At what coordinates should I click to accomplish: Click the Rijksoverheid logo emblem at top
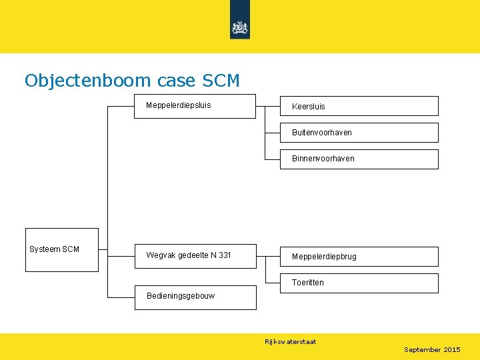click(239, 27)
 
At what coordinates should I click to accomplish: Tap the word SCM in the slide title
click(219, 81)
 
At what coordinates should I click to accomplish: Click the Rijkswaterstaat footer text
click(290, 342)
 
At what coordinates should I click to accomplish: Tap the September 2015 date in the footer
click(432, 350)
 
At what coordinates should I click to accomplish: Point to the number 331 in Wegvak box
click(225, 255)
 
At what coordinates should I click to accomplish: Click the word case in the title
click(176, 81)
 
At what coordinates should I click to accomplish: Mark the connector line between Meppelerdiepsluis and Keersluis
click(267, 106)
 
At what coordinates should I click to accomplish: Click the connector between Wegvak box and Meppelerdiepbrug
click(267, 256)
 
